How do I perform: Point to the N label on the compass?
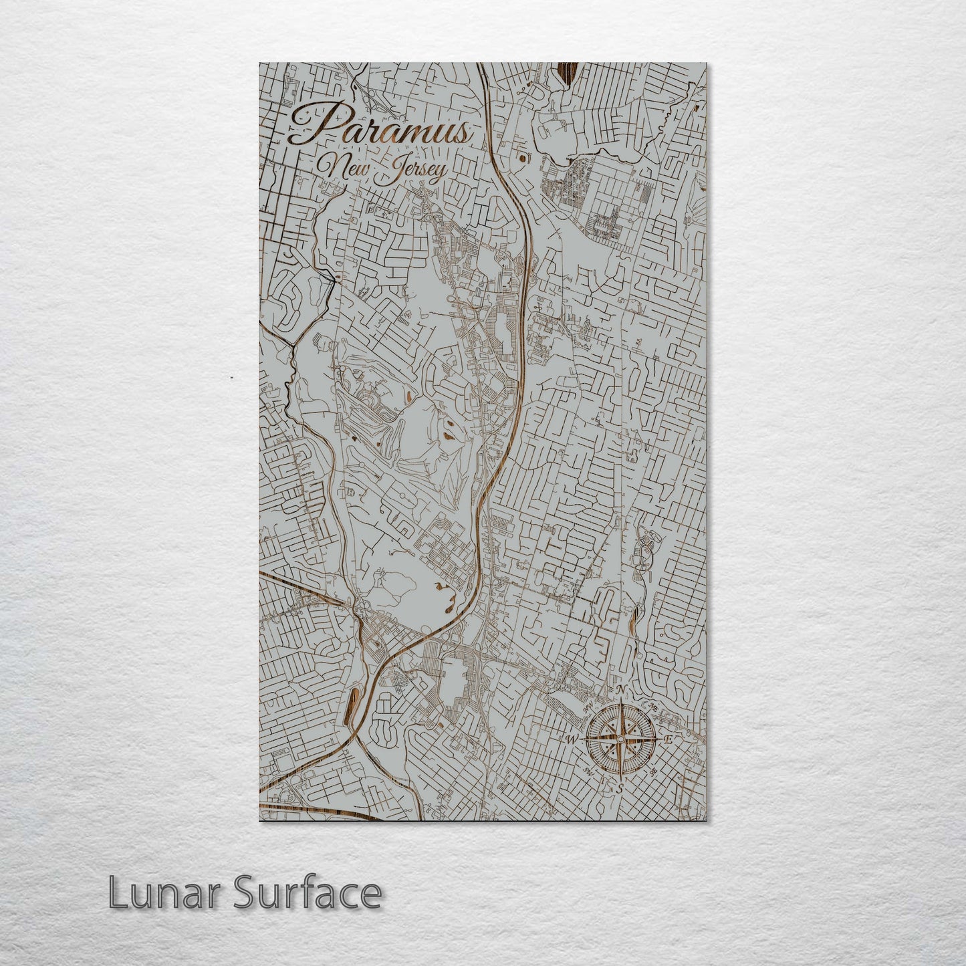(x=620, y=690)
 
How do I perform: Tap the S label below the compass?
(x=620, y=789)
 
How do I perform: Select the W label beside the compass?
(x=572, y=739)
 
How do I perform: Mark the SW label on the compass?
(x=588, y=771)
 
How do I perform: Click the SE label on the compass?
(x=653, y=770)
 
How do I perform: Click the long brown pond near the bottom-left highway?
(x=354, y=707)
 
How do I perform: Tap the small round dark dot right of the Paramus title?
(x=520, y=158)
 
